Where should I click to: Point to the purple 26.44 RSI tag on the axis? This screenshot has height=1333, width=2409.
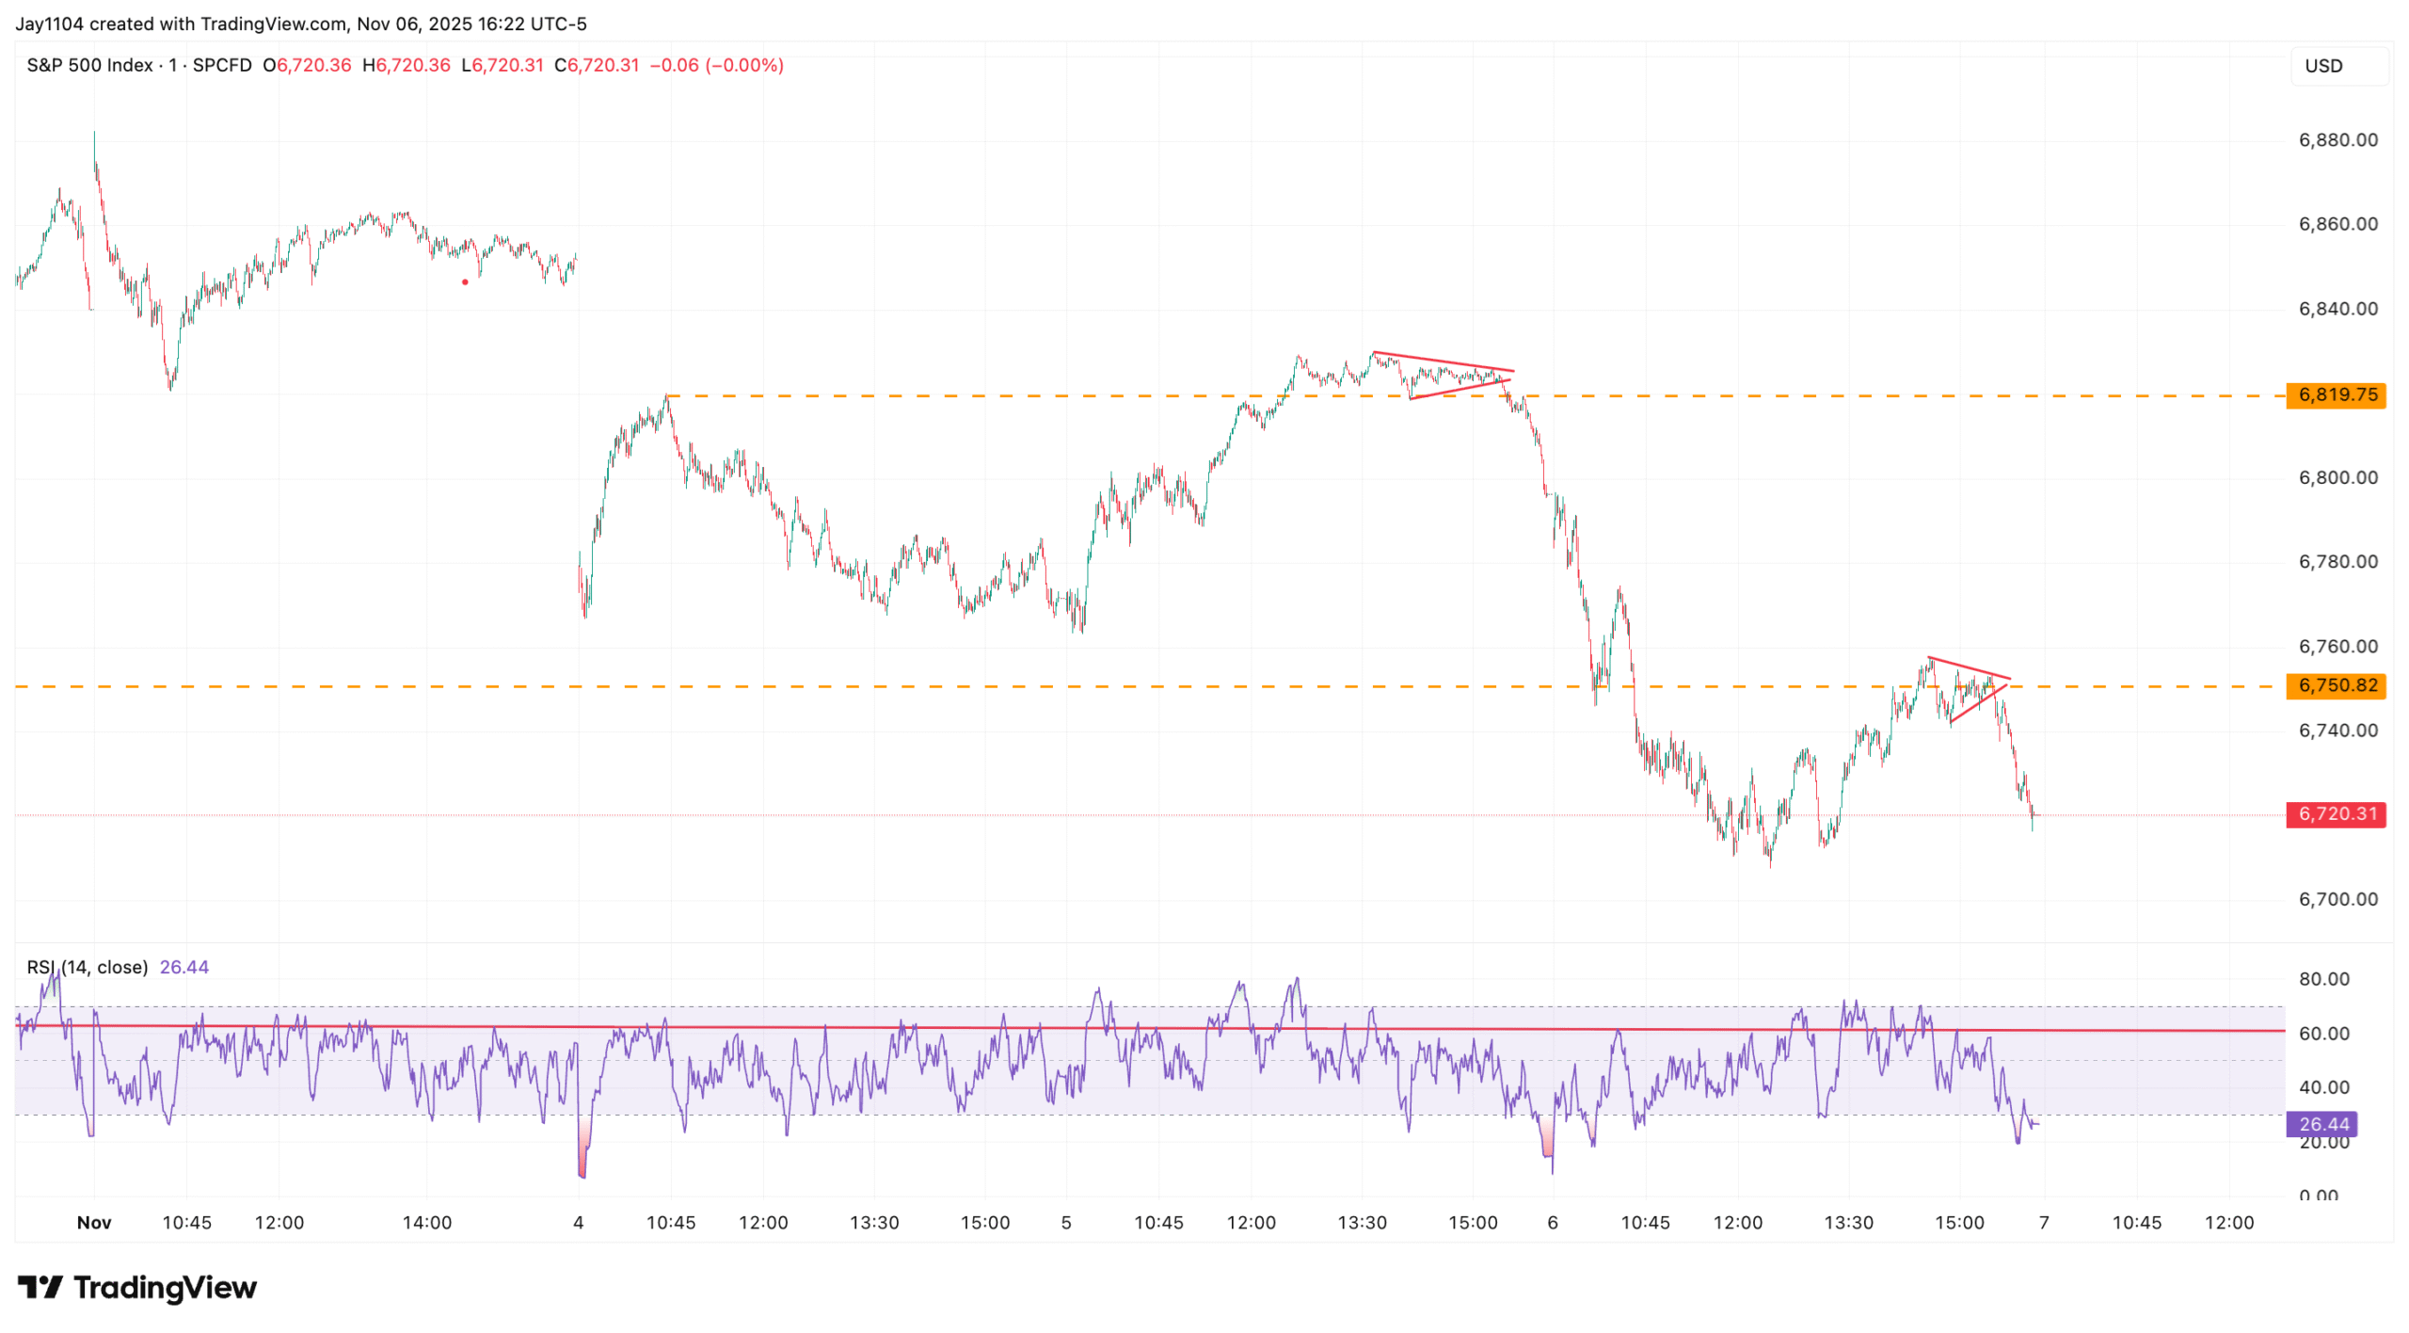click(2322, 1125)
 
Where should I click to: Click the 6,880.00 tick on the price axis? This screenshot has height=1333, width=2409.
click(2337, 140)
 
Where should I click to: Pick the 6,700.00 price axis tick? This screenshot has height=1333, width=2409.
click(2337, 900)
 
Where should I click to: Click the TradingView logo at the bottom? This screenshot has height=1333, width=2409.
click(137, 1288)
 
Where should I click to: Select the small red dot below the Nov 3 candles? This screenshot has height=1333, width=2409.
click(465, 282)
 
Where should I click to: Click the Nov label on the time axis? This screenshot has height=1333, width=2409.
click(94, 1224)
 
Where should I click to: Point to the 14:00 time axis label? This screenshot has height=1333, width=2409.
click(427, 1224)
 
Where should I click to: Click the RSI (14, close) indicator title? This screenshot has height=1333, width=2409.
click(88, 968)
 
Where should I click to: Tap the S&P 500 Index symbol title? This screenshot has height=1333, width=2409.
click(89, 66)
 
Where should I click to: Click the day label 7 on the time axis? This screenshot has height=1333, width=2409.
click(2044, 1224)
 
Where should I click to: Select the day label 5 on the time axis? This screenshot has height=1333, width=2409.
click(1066, 1224)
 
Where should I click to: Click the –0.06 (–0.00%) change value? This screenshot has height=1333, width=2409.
click(716, 66)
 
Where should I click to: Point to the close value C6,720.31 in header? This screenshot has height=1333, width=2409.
click(597, 66)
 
